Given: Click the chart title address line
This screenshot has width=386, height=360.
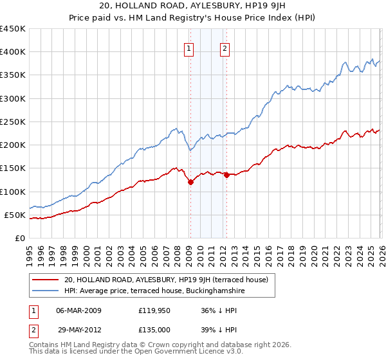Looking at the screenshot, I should pos(192,6).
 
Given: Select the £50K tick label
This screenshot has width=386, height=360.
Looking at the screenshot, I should pos(14,215).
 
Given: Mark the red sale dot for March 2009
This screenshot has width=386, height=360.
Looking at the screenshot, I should pos(190,183).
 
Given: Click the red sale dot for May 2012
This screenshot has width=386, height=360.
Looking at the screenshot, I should pos(226,175).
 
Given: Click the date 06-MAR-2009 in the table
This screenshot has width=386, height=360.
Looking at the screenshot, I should pos(78,310).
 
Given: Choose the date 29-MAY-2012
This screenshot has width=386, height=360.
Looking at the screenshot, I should pos(78,329).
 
